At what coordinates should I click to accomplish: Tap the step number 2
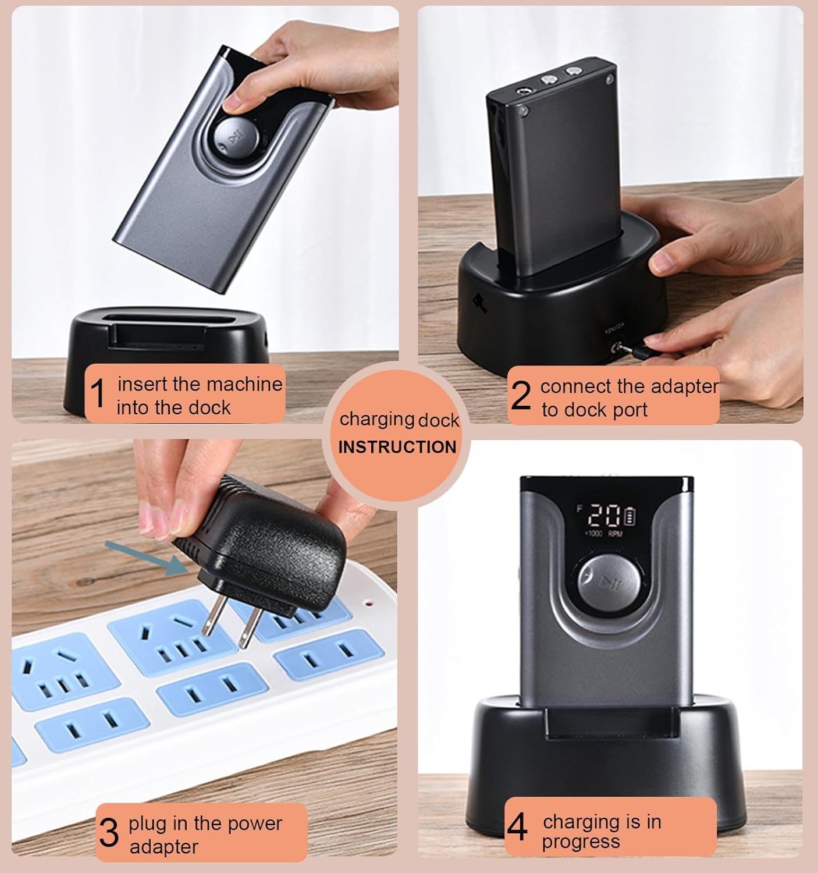point(521,395)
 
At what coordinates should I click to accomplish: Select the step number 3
point(109,833)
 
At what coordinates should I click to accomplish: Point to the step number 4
point(517,827)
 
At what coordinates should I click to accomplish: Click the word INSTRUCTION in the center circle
point(397,447)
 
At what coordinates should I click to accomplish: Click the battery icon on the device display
point(631,516)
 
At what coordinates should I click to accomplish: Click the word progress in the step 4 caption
point(581,842)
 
